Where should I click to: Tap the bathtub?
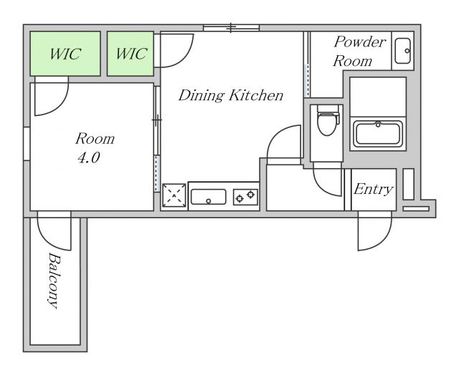click(x=378, y=134)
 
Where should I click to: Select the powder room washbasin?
click(x=402, y=51)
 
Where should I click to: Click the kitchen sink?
click(x=208, y=197)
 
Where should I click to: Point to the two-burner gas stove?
click(x=245, y=197)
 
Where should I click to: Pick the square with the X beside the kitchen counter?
click(x=174, y=195)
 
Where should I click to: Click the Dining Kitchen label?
click(x=231, y=95)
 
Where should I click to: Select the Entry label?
click(x=373, y=190)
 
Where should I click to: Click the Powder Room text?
click(x=359, y=52)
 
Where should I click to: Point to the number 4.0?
click(x=89, y=157)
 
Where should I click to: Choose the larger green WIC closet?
click(x=65, y=54)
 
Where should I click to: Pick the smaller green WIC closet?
click(x=131, y=54)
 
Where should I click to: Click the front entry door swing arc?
click(x=382, y=240)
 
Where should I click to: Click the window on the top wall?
click(x=231, y=28)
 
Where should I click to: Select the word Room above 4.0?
click(x=95, y=139)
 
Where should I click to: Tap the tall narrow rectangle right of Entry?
click(x=408, y=184)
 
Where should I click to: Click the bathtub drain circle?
click(x=378, y=125)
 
